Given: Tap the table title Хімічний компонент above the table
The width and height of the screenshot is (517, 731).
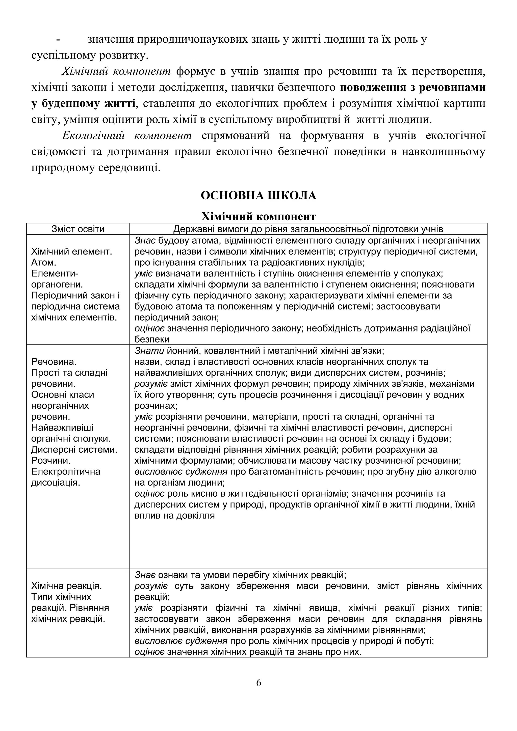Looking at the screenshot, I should coord(258,216).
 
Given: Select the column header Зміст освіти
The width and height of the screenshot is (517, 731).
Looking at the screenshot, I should coord(78,229).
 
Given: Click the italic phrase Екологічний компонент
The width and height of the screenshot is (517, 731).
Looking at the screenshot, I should coord(127,136).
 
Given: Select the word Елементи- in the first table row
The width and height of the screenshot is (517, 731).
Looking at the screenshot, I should coord(55,273).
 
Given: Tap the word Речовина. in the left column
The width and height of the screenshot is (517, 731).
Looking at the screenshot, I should coord(54,362).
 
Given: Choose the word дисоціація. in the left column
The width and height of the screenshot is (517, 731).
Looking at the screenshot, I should coord(56,482).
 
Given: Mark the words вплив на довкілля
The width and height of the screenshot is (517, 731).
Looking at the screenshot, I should coord(174,515).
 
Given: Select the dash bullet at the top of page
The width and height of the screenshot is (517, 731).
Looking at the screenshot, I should coord(58,40).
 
